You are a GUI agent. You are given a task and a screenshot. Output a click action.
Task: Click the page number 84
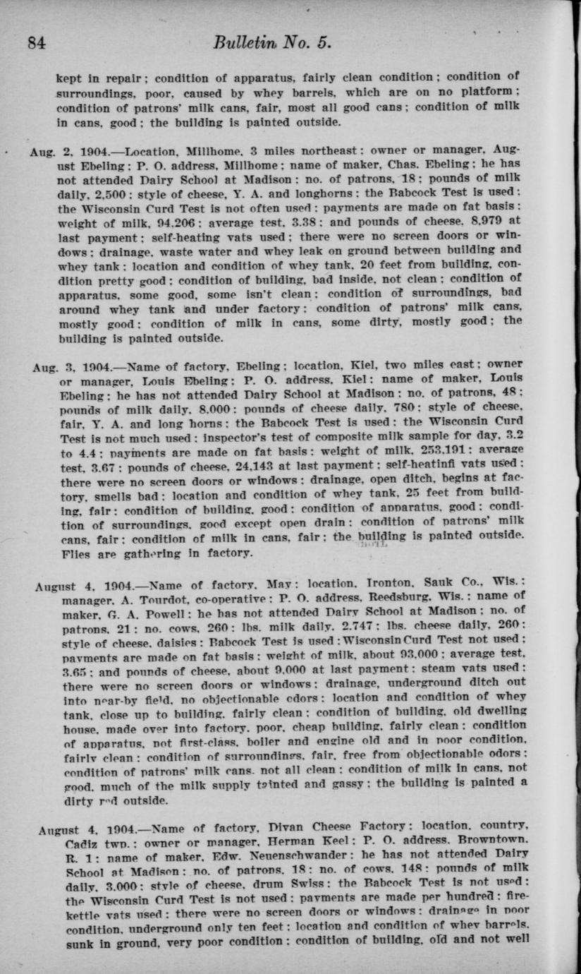(37, 42)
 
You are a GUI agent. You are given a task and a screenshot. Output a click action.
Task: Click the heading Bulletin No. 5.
(271, 42)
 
